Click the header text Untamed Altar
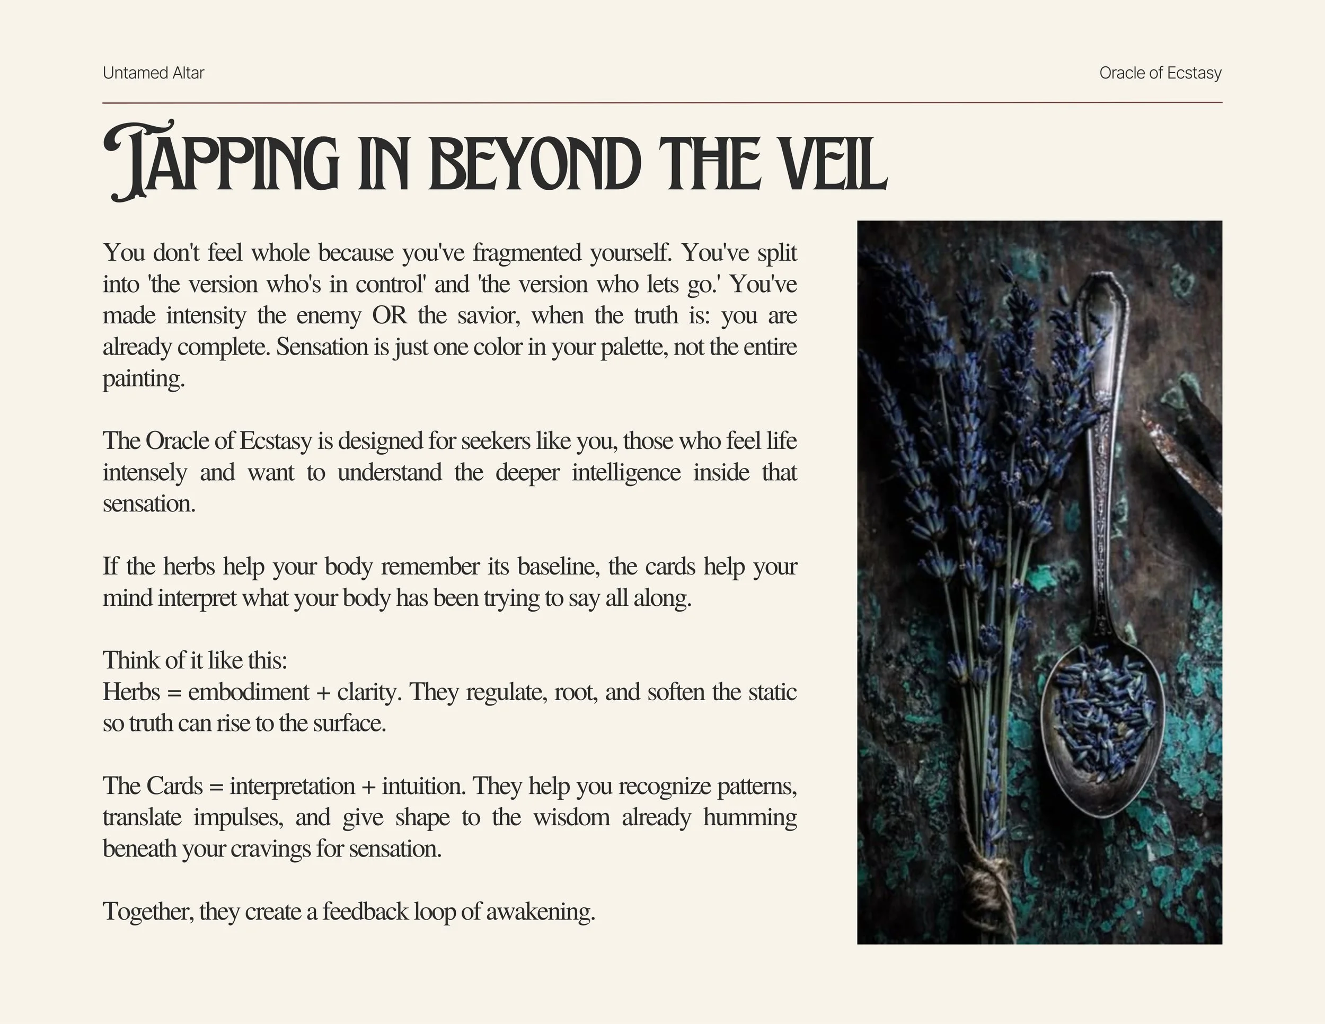click(x=154, y=73)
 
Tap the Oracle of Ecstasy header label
click(x=1160, y=73)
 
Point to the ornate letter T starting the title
click(x=137, y=161)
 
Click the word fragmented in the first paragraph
click(x=527, y=253)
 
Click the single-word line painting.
click(x=143, y=378)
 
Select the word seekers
click(x=496, y=441)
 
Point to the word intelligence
click(x=625, y=473)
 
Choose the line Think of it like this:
click(x=195, y=660)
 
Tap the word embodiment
click(x=248, y=692)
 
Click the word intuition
click(x=423, y=786)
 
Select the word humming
click(x=750, y=818)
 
